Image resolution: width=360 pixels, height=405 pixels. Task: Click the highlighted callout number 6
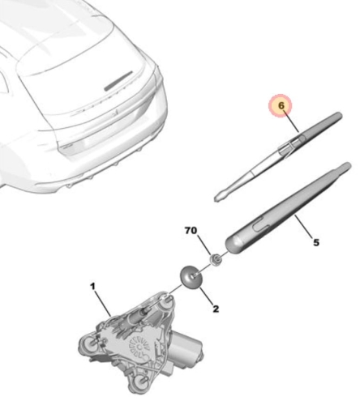pos(281,106)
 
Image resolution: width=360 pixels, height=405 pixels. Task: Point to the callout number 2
pos(215,308)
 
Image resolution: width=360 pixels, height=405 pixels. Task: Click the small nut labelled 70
pos(217,259)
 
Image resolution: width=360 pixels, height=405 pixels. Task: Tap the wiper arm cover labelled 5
pos(284,211)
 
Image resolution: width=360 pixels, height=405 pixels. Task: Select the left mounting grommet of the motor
pos(87,343)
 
